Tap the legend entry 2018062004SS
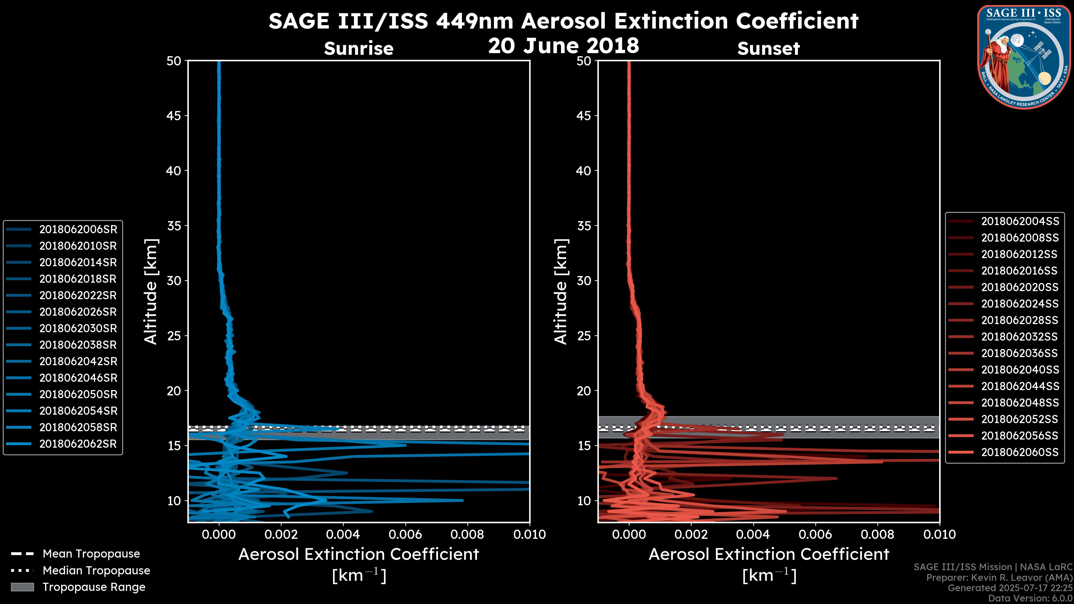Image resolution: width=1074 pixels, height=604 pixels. (1019, 221)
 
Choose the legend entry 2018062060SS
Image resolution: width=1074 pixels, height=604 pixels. (1019, 452)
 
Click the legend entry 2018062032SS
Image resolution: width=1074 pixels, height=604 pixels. (1019, 336)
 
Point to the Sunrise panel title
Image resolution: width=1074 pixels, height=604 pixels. (359, 49)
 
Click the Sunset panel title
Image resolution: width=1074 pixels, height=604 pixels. (768, 49)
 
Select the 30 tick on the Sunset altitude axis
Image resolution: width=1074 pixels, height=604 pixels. (584, 280)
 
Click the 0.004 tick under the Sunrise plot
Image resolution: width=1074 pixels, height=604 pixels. (343, 534)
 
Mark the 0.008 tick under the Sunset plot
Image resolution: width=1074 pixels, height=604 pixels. (878, 534)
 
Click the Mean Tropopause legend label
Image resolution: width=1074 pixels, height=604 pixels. (91, 554)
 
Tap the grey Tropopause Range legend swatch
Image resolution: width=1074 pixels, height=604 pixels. (22, 587)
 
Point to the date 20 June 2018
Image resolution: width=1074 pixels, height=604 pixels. (563, 45)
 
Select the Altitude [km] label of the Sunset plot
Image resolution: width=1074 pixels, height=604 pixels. (561, 292)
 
